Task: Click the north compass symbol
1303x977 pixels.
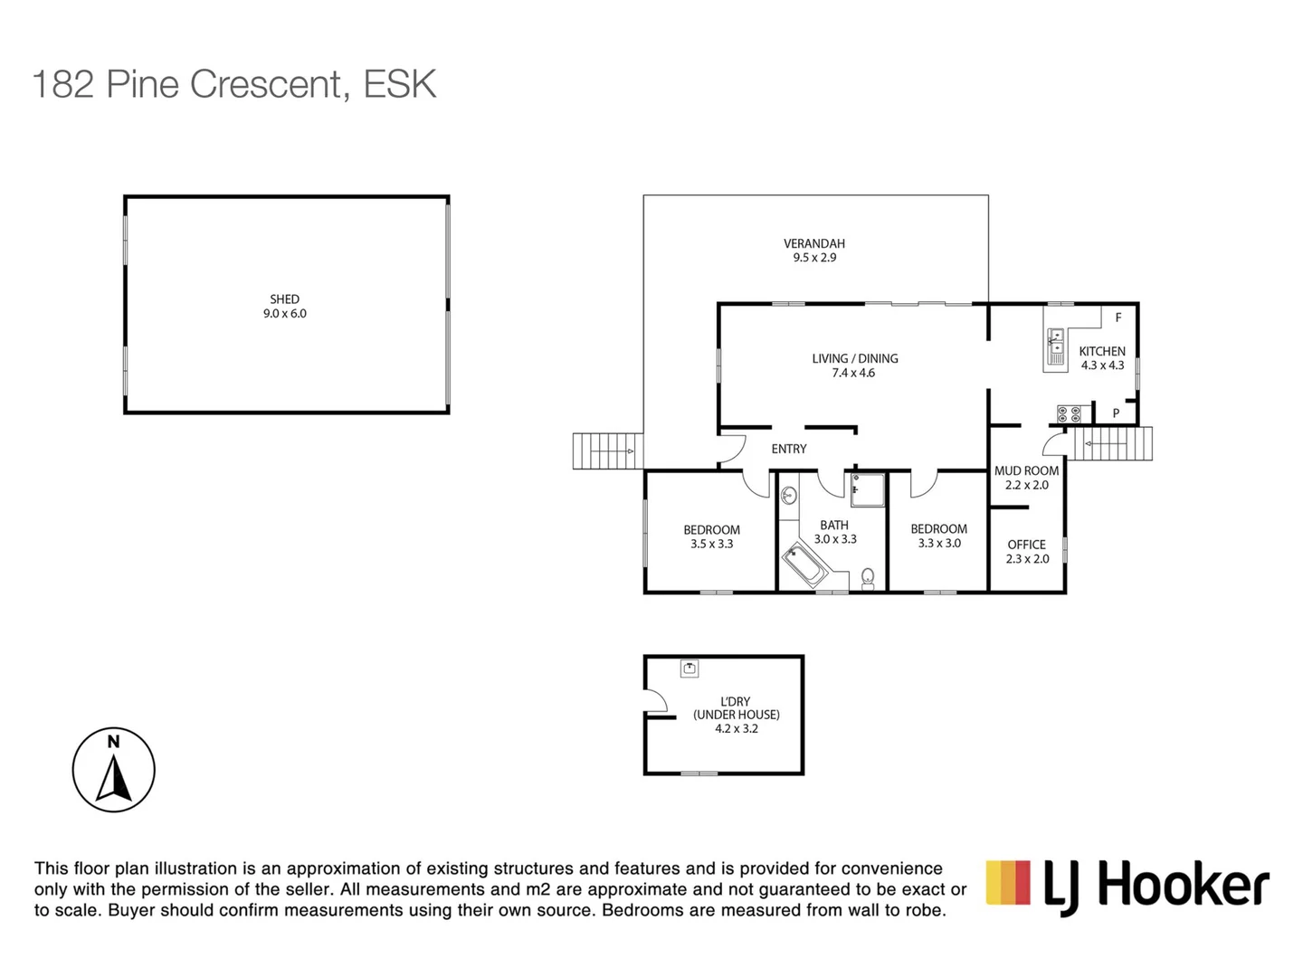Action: click(x=114, y=770)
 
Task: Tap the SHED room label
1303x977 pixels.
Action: click(x=284, y=299)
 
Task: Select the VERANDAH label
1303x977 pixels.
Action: click(x=814, y=243)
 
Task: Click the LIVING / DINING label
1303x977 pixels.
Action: click(x=855, y=358)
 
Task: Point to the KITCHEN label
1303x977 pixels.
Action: click(x=1102, y=351)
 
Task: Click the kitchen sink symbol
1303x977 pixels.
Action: click(x=1055, y=346)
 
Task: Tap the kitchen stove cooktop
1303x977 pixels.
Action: click(x=1069, y=414)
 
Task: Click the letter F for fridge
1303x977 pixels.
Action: click(x=1118, y=318)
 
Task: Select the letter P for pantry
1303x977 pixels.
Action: click(x=1116, y=413)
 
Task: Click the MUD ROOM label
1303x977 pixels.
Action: click(x=1026, y=470)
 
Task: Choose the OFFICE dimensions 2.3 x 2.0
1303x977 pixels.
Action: click(x=1027, y=559)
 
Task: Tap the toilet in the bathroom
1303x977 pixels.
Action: click(x=868, y=576)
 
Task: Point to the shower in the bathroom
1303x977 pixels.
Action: click(x=867, y=489)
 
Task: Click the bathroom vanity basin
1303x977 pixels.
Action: click(x=788, y=495)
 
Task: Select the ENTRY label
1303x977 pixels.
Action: click(x=789, y=449)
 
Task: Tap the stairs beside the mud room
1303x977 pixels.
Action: click(x=1112, y=443)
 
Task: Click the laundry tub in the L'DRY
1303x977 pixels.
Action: click(x=690, y=669)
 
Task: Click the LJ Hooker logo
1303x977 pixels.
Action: click(x=1127, y=886)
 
